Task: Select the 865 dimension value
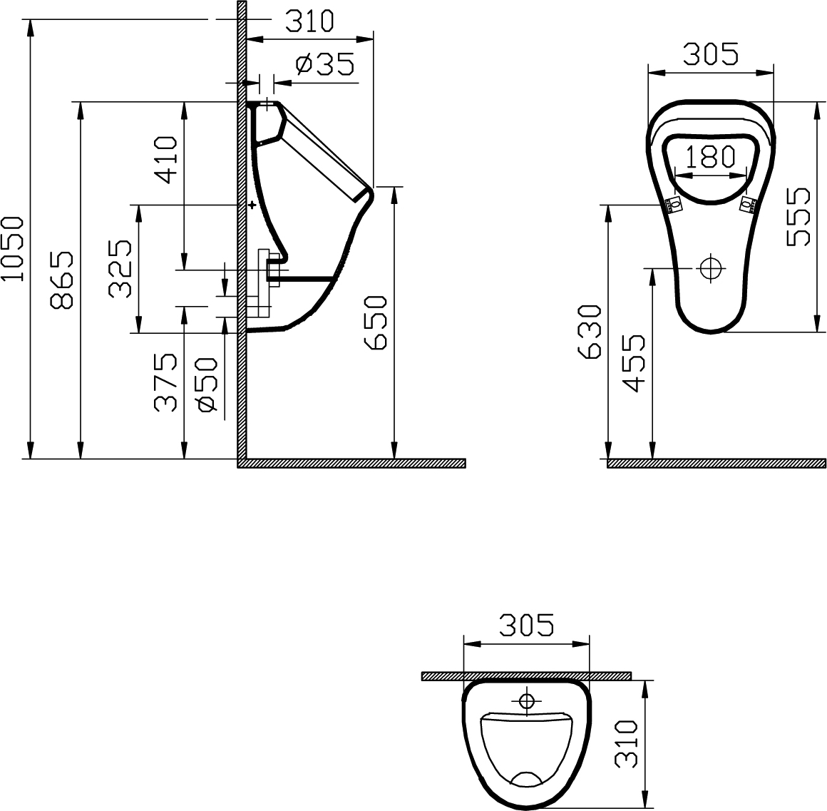click(62, 280)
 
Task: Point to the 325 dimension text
click(120, 268)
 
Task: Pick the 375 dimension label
click(166, 382)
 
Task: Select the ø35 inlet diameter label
click(324, 65)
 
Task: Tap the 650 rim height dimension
click(376, 322)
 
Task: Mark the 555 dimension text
click(798, 217)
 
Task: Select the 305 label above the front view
click(710, 53)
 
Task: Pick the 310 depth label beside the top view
click(625, 743)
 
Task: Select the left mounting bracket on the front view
click(673, 205)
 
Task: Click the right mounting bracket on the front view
click(747, 205)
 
